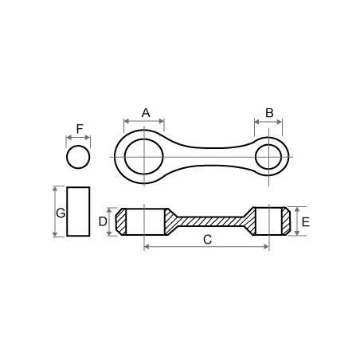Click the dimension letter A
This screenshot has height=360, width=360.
pyautogui.click(x=146, y=113)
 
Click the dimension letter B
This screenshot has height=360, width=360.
pyautogui.click(x=269, y=113)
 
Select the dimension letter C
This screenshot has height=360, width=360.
pyautogui.click(x=207, y=240)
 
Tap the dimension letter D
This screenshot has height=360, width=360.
pyautogui.click(x=103, y=221)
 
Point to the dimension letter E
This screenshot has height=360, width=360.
pyautogui.click(x=306, y=222)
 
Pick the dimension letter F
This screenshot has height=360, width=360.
pyautogui.click(x=80, y=129)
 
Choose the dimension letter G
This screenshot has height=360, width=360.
pyautogui.click(x=61, y=213)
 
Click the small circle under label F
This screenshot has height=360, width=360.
pyautogui.click(x=78, y=157)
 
